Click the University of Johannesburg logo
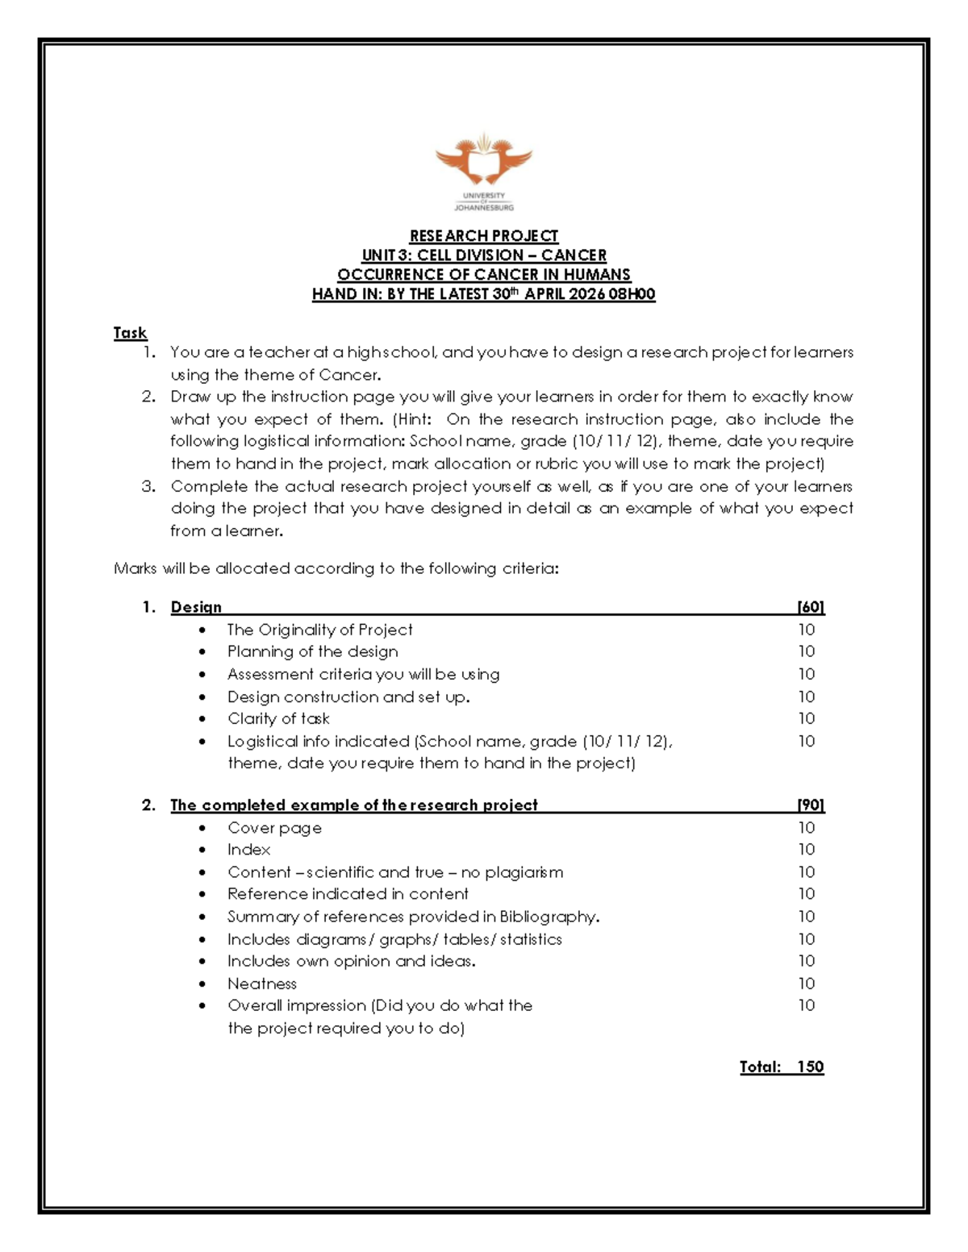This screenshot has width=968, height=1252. click(x=483, y=172)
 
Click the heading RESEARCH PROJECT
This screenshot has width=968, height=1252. click(x=483, y=235)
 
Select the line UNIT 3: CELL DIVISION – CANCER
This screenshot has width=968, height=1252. click(x=483, y=255)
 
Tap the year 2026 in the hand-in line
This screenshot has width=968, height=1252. click(x=586, y=294)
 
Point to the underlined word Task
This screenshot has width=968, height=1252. click(x=130, y=333)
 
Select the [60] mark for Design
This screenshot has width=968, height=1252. click(x=810, y=607)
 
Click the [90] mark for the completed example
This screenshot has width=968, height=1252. click(x=810, y=805)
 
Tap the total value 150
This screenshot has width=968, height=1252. click(x=810, y=1067)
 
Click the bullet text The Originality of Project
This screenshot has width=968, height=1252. click(x=319, y=630)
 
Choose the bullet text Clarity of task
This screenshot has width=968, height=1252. click(x=278, y=718)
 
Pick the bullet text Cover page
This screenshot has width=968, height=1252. click(x=274, y=828)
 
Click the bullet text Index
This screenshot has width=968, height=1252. click(x=248, y=850)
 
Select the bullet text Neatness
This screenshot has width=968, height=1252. click(x=261, y=984)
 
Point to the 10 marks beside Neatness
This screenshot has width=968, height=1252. click(x=807, y=984)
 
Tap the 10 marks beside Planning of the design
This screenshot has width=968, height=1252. click(x=807, y=651)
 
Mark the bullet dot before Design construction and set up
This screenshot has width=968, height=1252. click(x=202, y=697)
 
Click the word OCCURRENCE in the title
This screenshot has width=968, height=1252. click(x=386, y=275)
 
